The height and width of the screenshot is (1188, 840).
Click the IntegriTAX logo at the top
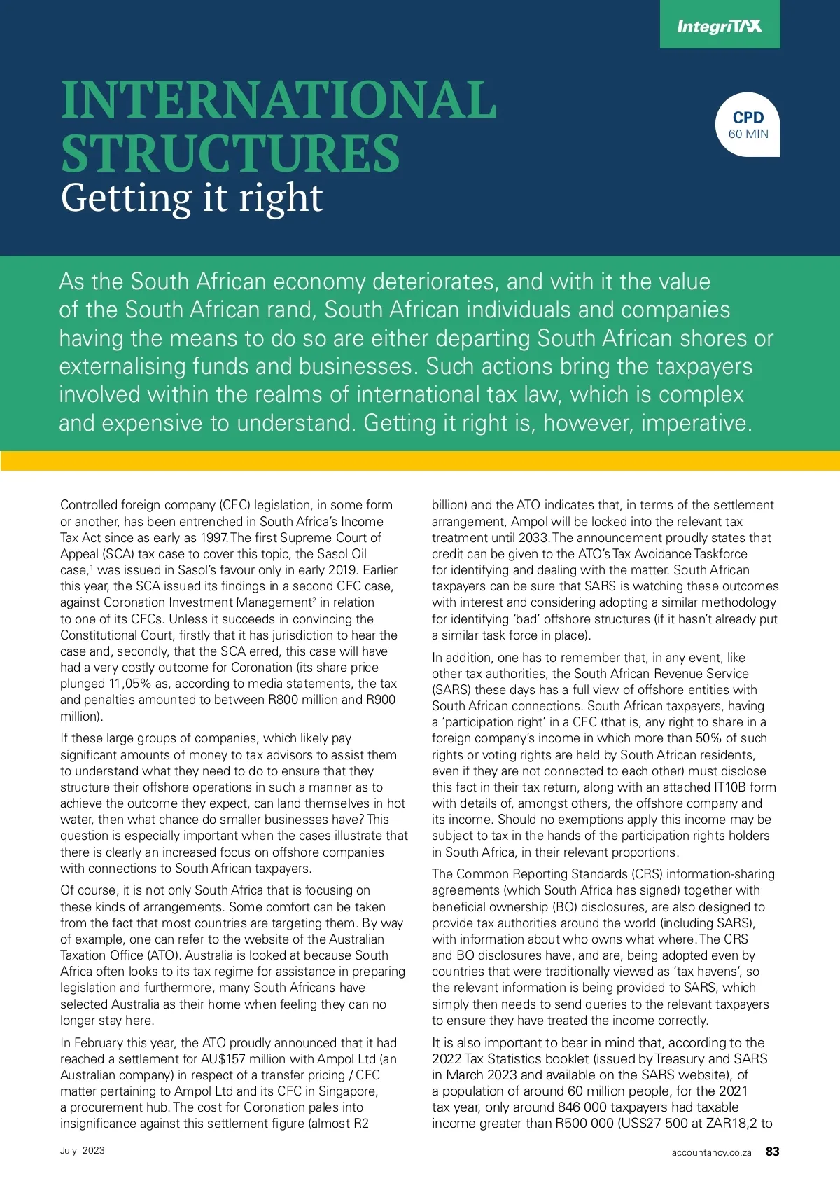tap(719, 27)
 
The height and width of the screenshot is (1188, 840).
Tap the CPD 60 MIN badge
tap(748, 125)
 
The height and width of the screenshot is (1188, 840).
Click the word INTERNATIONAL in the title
tap(279, 99)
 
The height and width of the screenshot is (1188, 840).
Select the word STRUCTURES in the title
tap(230, 153)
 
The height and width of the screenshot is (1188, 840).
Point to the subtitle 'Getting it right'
tap(192, 198)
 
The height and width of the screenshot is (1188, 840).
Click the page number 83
tap(772, 1152)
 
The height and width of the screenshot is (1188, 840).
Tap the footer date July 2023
tap(83, 1150)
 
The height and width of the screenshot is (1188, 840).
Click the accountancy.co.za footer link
tap(711, 1152)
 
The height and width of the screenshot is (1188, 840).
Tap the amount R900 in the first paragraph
tap(381, 700)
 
